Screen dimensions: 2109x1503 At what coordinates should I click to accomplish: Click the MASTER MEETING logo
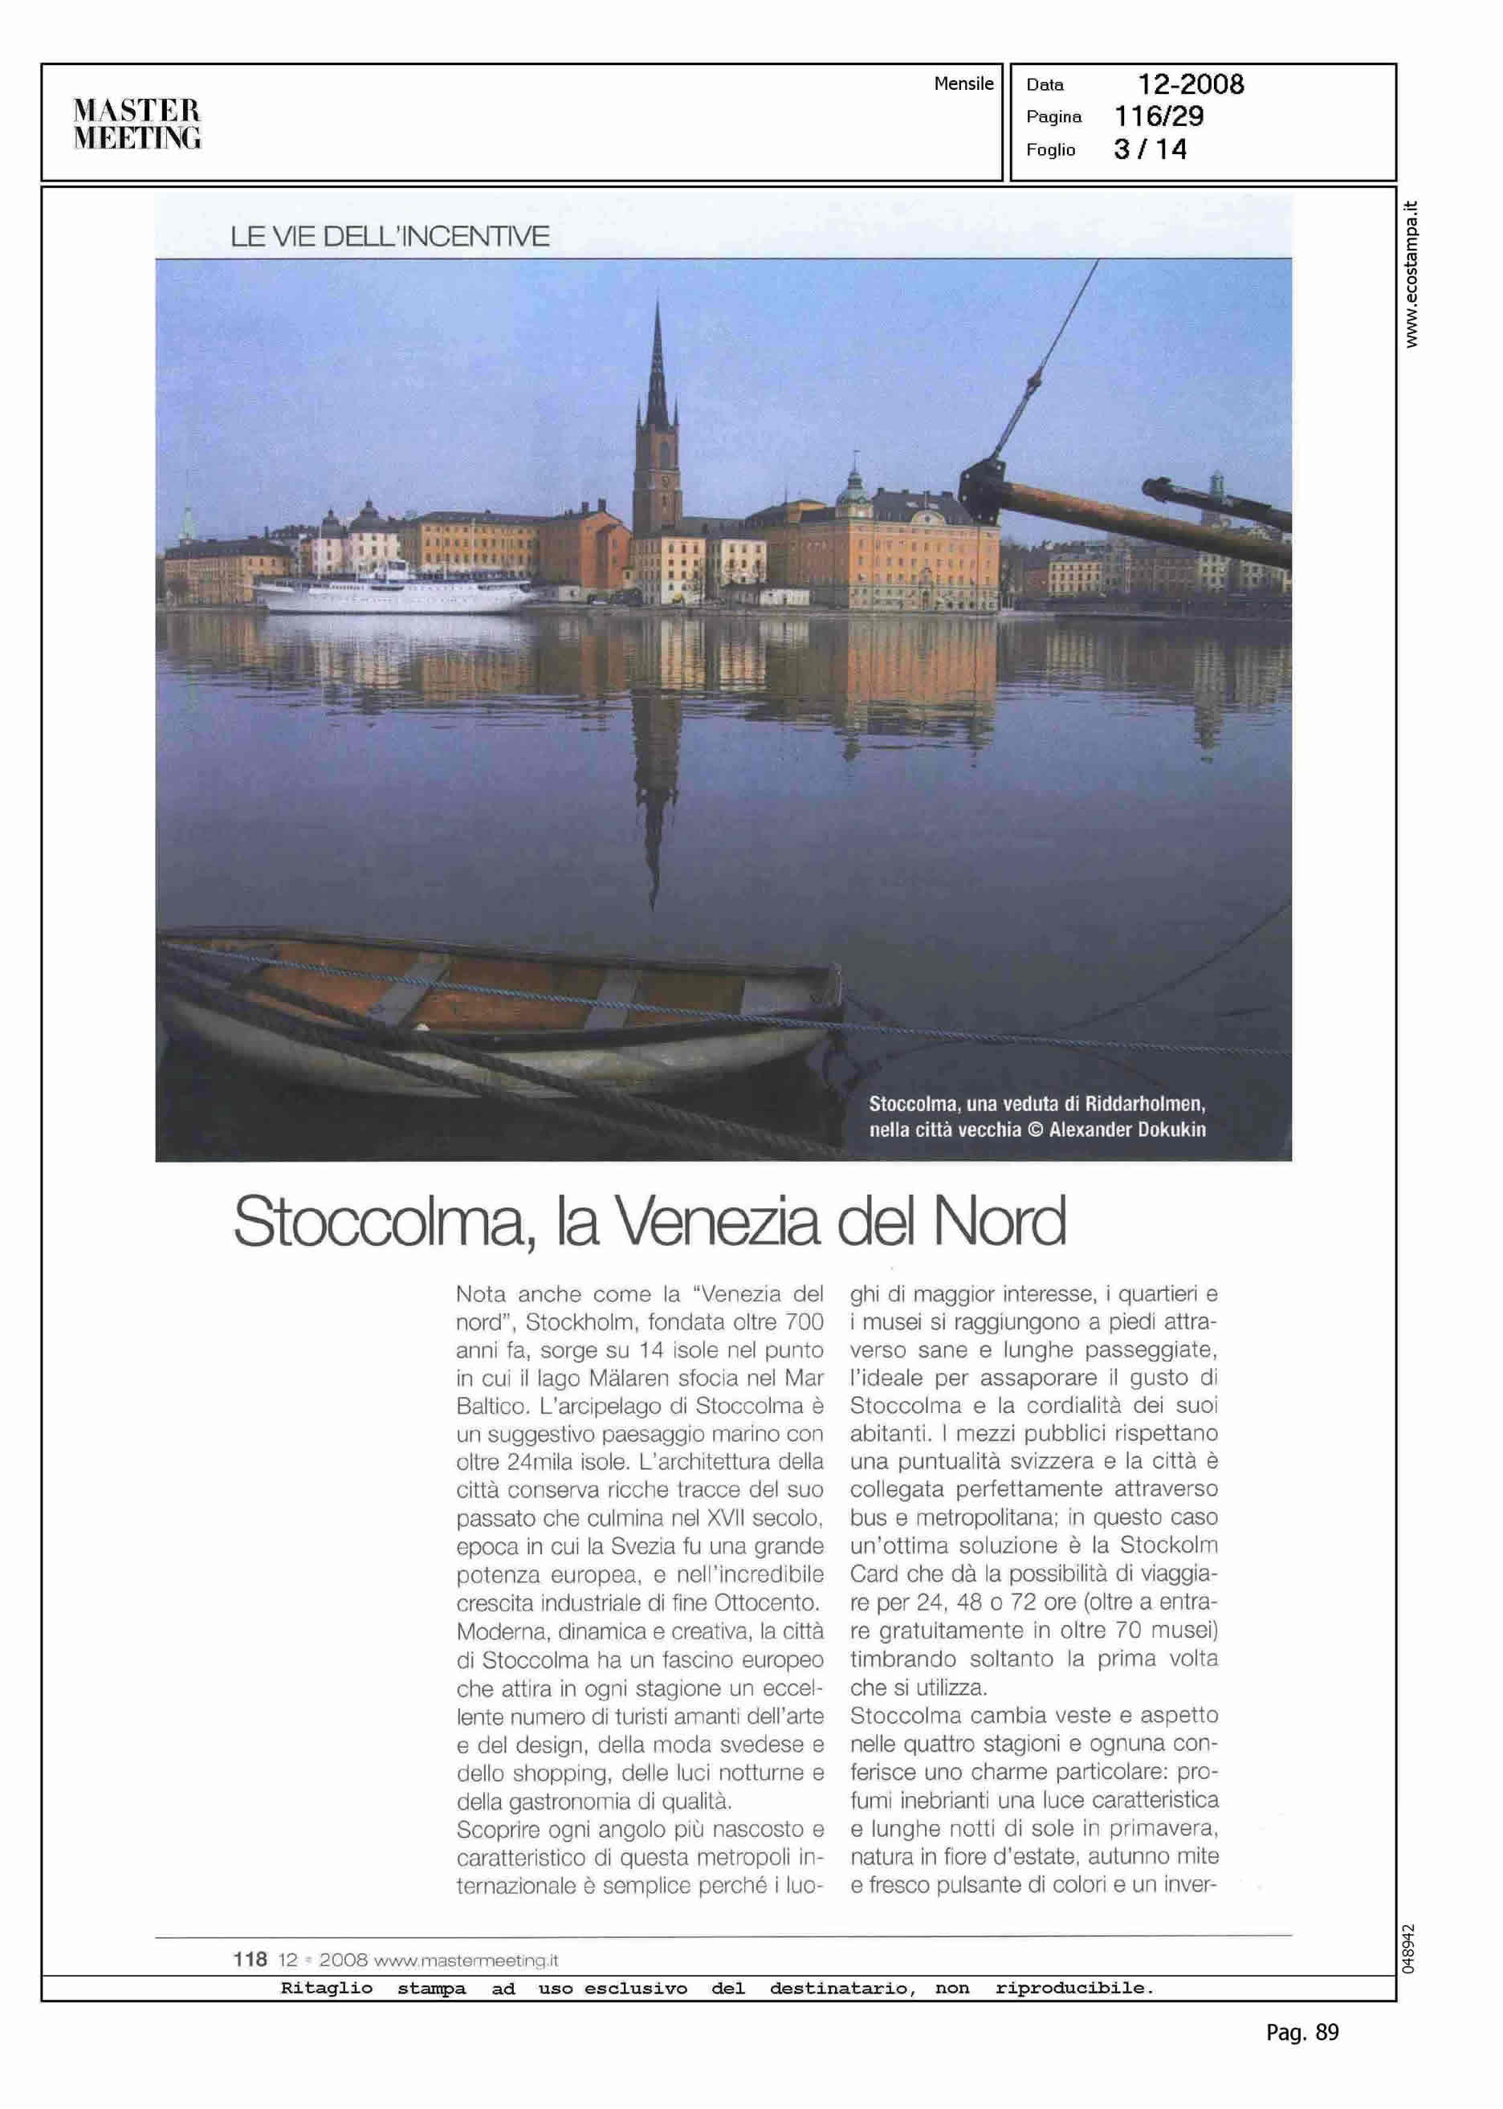137,123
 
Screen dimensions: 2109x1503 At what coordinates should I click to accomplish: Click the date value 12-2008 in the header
1190,85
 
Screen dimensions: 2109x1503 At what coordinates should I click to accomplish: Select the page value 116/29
1159,116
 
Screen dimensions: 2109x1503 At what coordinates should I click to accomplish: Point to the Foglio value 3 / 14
1150,149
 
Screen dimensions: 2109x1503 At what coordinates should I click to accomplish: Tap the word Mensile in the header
963,84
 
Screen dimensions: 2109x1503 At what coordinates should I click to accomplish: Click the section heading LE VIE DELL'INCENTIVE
389,237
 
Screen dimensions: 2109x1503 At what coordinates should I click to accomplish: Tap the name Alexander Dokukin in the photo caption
1127,1129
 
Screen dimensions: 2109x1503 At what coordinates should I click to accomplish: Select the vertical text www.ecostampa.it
1411,274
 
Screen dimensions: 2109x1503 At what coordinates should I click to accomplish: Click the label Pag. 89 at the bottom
1302,2032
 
